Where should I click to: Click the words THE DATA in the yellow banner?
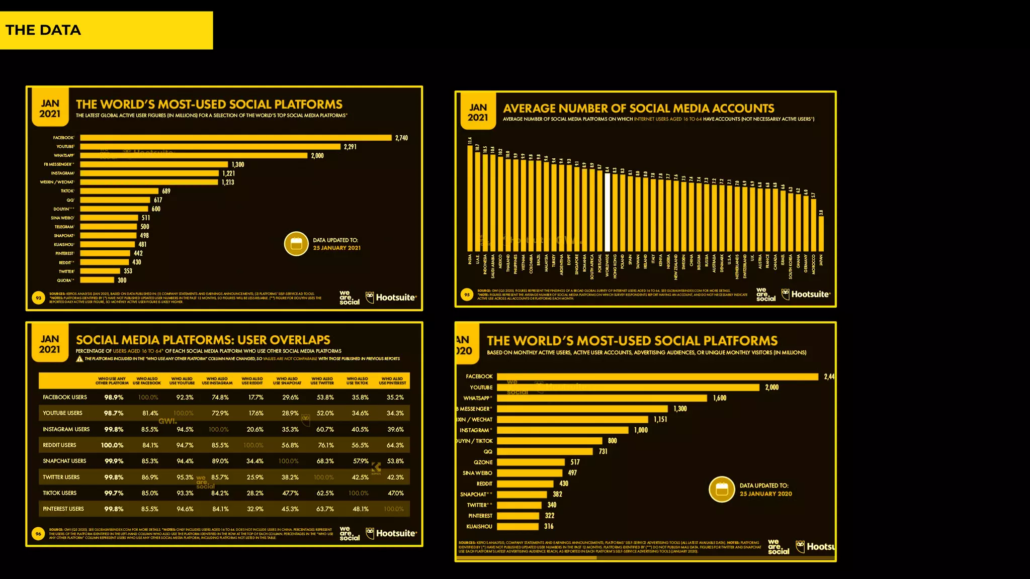tap(43, 30)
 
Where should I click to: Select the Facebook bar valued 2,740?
tap(235, 138)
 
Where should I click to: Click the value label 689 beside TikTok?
tap(166, 191)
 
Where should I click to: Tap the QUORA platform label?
tap(65, 280)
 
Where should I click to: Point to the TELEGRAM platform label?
tap(64, 227)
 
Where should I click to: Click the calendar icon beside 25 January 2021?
tap(296, 244)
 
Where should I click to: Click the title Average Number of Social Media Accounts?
tap(638, 109)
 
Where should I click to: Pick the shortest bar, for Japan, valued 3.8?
tap(821, 234)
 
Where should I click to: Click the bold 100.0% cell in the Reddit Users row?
tap(112, 445)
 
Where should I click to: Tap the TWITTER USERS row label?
tap(61, 477)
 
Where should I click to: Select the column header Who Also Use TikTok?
tap(357, 381)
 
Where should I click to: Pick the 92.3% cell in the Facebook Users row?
tap(185, 398)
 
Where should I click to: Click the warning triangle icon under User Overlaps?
tap(79, 359)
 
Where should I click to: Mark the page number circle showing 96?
tap(38, 534)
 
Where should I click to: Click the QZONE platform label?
tap(483, 462)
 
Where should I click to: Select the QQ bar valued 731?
tap(545, 452)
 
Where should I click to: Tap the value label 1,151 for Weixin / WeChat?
tap(660, 420)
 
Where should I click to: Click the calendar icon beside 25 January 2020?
tap(722, 489)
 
